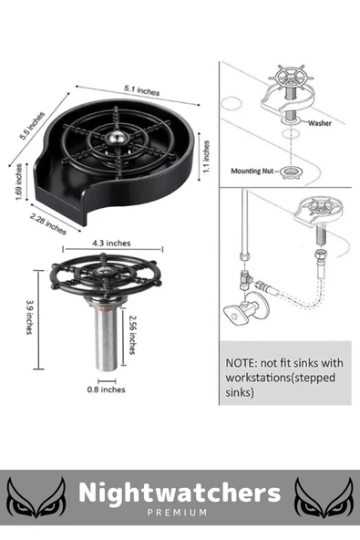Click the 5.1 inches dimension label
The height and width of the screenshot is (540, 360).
142,90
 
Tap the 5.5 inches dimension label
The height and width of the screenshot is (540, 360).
32,126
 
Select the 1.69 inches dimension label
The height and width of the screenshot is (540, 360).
18,182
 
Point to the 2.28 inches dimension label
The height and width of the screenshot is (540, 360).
47,223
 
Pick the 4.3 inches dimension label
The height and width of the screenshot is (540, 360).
111,244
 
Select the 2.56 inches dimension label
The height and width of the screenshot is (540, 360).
132,335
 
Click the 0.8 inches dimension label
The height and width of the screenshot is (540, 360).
106,389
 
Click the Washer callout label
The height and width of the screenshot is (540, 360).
320,123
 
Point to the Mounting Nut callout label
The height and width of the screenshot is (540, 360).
252,171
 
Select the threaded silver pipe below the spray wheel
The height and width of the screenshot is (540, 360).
106,335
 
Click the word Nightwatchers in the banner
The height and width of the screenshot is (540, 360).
180,493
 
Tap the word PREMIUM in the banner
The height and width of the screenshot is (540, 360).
178,513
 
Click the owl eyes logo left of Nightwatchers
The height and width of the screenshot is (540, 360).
37,498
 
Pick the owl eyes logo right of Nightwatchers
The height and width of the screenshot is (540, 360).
324,498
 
